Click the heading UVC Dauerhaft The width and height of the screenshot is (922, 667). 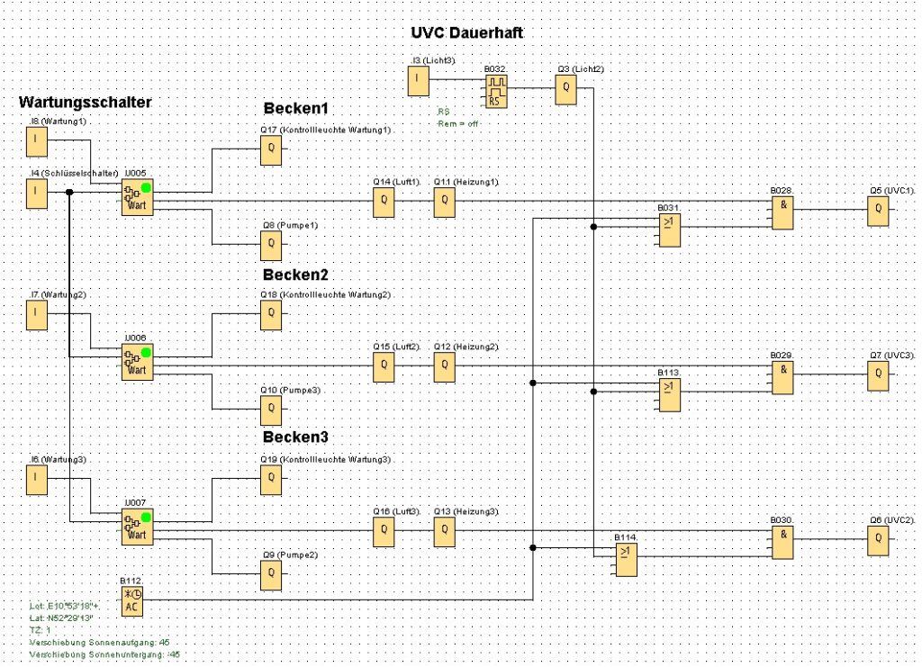466,32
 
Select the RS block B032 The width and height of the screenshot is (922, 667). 495,91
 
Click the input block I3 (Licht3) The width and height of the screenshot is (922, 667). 419,82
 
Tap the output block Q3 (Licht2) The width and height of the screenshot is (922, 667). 565,88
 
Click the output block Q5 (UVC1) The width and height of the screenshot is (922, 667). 878,212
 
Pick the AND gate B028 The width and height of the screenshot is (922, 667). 782,212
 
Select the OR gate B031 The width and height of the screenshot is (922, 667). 669,232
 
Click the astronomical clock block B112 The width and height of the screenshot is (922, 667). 131,600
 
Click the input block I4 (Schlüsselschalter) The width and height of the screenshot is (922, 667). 36,193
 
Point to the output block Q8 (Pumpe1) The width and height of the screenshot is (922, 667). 271,243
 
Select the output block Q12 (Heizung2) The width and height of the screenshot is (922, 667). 444,366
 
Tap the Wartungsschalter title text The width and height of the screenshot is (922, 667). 85,103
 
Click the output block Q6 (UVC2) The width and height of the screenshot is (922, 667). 878,540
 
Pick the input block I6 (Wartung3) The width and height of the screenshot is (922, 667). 36,480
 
